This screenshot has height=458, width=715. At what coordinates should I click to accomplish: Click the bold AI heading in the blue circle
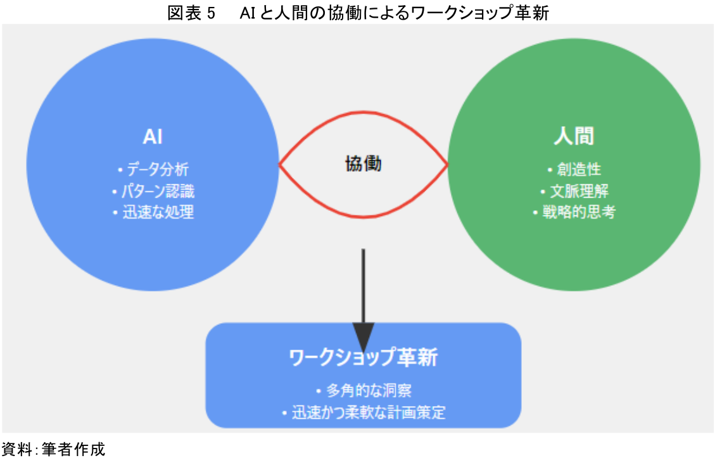(153, 137)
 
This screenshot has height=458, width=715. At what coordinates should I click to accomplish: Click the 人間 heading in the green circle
(574, 137)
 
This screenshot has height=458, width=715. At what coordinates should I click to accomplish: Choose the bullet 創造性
(578, 170)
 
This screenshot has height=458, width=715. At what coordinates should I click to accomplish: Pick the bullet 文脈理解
(578, 191)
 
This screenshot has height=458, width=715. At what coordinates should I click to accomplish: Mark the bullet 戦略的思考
(578, 212)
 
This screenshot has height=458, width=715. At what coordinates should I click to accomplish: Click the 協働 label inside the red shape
(364, 164)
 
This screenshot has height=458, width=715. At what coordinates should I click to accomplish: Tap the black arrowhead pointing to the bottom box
(364, 335)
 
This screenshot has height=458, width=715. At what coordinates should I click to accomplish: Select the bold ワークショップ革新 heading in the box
(363, 358)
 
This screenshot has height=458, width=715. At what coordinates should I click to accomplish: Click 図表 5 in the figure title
(192, 12)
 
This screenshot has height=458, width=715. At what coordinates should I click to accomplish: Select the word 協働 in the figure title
(334, 12)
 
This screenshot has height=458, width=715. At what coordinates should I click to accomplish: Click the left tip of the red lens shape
(281, 165)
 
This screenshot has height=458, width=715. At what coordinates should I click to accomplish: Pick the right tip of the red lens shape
(447, 165)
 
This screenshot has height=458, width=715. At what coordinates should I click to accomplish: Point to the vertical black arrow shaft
(364, 285)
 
